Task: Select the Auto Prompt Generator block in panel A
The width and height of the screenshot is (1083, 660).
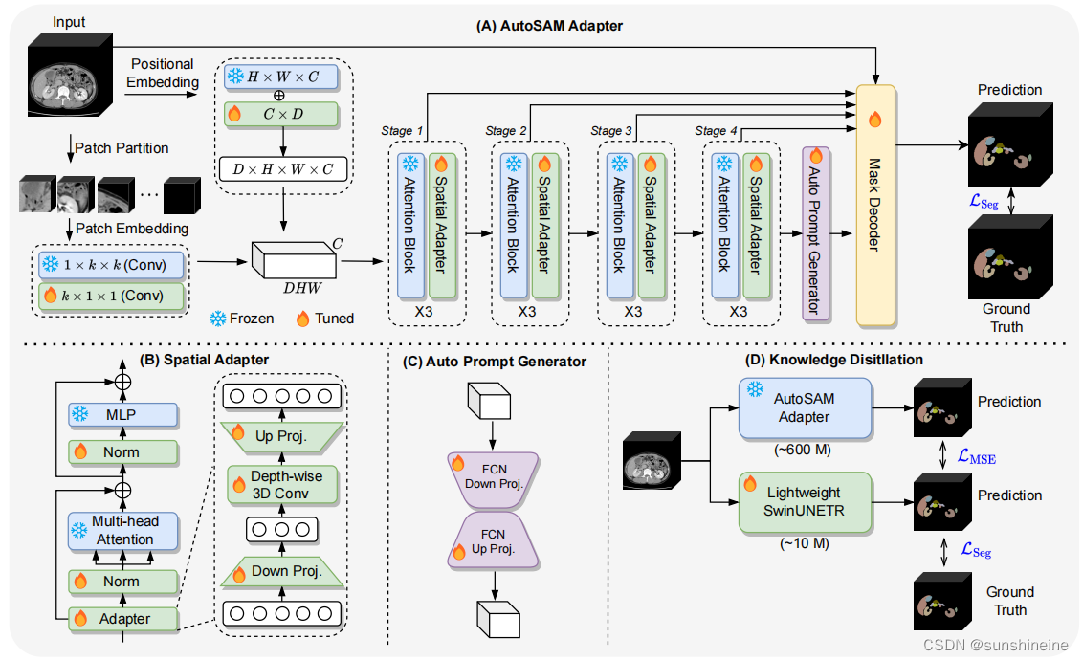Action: coord(816,231)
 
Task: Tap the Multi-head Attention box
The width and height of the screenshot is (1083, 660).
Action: coord(123,530)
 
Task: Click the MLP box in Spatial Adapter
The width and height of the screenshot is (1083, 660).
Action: coord(123,414)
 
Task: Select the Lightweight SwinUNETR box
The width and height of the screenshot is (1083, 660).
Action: coord(805,502)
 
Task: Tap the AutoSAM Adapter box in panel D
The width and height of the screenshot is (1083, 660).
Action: coord(805,408)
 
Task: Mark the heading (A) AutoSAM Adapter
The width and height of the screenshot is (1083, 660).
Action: coord(549,26)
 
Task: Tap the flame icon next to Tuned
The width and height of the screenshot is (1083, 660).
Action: coord(302,318)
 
